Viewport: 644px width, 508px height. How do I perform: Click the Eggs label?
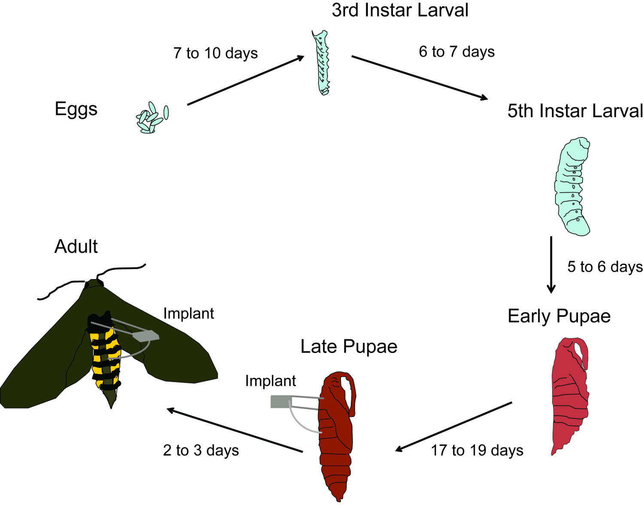point(76,109)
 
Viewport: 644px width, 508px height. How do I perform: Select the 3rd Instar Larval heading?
point(400,10)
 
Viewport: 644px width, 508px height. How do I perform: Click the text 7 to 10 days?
point(216,53)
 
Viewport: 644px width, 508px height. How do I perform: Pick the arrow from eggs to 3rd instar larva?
point(246,80)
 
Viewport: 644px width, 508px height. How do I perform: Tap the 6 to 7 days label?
point(456,52)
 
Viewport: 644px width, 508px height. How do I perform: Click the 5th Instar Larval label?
point(575,111)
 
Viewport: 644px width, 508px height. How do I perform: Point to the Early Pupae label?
point(559,316)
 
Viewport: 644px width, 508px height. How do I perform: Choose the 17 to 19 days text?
point(477,450)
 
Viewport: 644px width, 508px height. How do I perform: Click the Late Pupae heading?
point(349,347)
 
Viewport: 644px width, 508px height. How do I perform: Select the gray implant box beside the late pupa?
point(281,402)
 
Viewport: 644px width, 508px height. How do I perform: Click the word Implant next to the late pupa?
point(270,381)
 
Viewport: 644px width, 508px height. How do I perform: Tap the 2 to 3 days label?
point(201,450)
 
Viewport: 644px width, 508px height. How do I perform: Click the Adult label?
point(76,246)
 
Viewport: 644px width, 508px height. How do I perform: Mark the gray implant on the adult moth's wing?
point(146,335)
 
